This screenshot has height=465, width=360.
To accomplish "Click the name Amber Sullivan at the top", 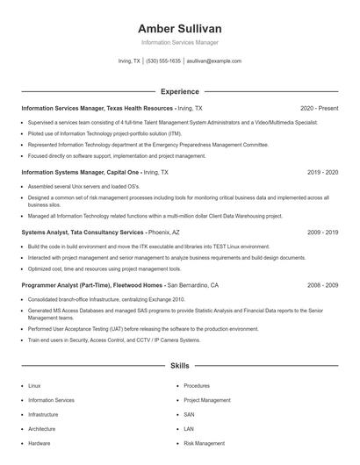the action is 179,29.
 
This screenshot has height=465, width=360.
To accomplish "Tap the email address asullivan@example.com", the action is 213,61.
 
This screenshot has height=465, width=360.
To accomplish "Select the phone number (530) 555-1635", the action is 163,61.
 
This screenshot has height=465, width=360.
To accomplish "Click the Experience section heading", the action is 179,91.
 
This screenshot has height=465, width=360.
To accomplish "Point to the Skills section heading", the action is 179,365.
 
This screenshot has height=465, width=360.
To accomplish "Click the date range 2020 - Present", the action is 319,108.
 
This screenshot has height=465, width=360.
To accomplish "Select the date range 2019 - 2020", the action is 322,173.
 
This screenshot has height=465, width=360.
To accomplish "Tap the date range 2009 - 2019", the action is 322,232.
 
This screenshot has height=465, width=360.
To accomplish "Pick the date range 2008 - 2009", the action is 322,285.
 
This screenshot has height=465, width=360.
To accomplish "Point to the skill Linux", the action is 34,385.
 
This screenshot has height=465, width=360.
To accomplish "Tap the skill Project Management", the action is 207,400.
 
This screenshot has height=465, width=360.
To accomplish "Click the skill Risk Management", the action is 204,444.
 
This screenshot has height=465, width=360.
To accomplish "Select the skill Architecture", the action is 41,429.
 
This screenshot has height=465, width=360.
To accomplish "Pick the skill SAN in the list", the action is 189,414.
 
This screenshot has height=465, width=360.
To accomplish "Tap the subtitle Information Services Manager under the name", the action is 179,42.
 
